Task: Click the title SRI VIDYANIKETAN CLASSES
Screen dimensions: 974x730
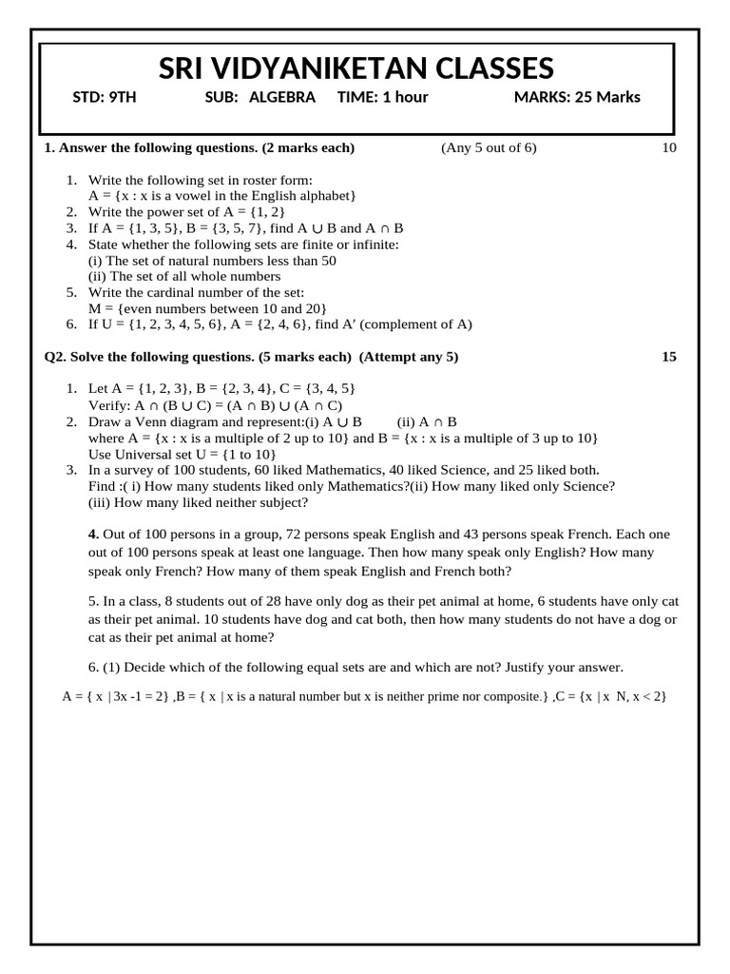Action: click(x=355, y=68)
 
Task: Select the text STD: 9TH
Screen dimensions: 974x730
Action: click(x=105, y=97)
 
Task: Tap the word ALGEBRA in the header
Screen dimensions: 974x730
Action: click(x=282, y=97)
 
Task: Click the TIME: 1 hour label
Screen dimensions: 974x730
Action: click(x=382, y=97)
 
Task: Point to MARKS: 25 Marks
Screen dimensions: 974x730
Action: click(x=577, y=97)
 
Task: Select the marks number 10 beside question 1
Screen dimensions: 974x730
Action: click(x=668, y=147)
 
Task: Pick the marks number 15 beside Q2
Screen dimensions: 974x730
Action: click(x=668, y=357)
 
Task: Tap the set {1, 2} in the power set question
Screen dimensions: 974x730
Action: click(x=268, y=211)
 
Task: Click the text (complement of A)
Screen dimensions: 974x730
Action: click(x=415, y=324)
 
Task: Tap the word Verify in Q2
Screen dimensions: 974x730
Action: click(x=108, y=405)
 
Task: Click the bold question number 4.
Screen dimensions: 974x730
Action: click(x=93, y=534)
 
